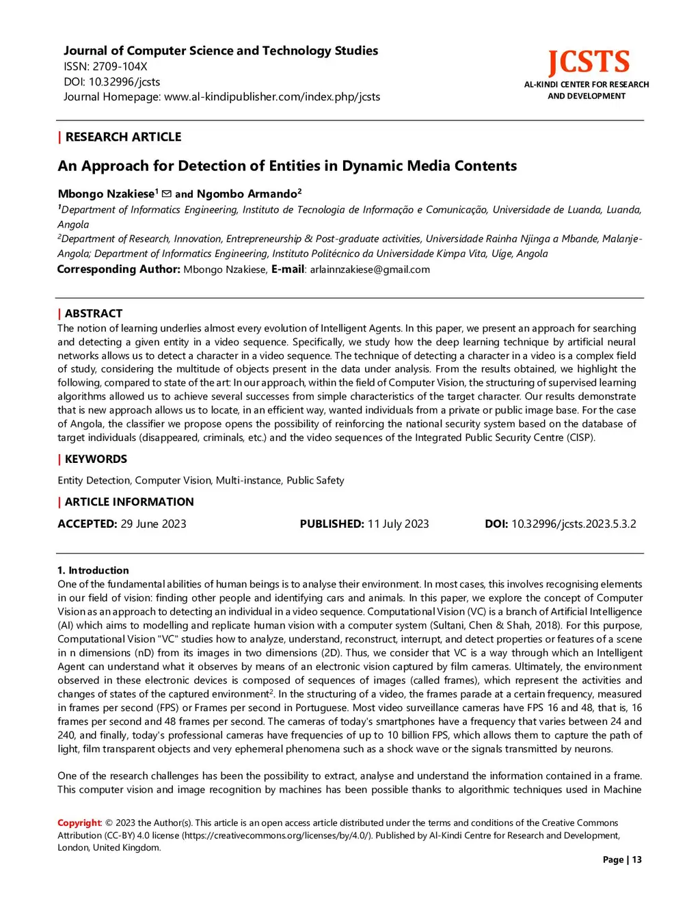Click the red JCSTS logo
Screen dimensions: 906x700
coord(588,62)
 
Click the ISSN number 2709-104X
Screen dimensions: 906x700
coord(120,66)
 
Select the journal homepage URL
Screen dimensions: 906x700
coord(272,96)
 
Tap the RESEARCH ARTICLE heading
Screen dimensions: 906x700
coord(123,137)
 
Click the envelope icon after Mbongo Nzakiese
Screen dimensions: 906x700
coord(166,194)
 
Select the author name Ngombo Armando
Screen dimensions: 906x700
coord(247,194)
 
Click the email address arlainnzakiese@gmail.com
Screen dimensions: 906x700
coord(370,269)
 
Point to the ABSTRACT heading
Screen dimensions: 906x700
coord(94,313)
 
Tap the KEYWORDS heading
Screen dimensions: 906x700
coord(96,459)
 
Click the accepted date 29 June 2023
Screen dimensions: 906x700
coord(153,524)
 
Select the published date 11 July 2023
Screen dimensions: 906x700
coord(398,524)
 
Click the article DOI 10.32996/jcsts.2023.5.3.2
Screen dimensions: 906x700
coord(574,524)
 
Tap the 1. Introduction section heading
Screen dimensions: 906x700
coord(93,570)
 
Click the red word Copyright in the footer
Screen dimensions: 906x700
coord(79,823)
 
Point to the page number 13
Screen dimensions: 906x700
coord(636,860)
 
